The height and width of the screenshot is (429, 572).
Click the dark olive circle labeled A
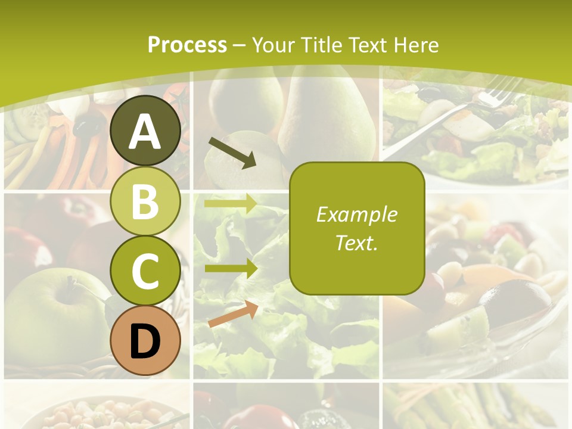[145, 130]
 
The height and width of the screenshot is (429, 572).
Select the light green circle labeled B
[145, 201]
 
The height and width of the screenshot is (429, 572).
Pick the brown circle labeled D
[145, 340]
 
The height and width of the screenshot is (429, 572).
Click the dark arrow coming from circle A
[232, 153]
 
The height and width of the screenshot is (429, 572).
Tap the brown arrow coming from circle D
[233, 314]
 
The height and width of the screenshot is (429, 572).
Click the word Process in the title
[187, 45]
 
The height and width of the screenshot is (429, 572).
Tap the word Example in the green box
[357, 214]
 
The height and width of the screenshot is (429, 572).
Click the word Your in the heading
[273, 45]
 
